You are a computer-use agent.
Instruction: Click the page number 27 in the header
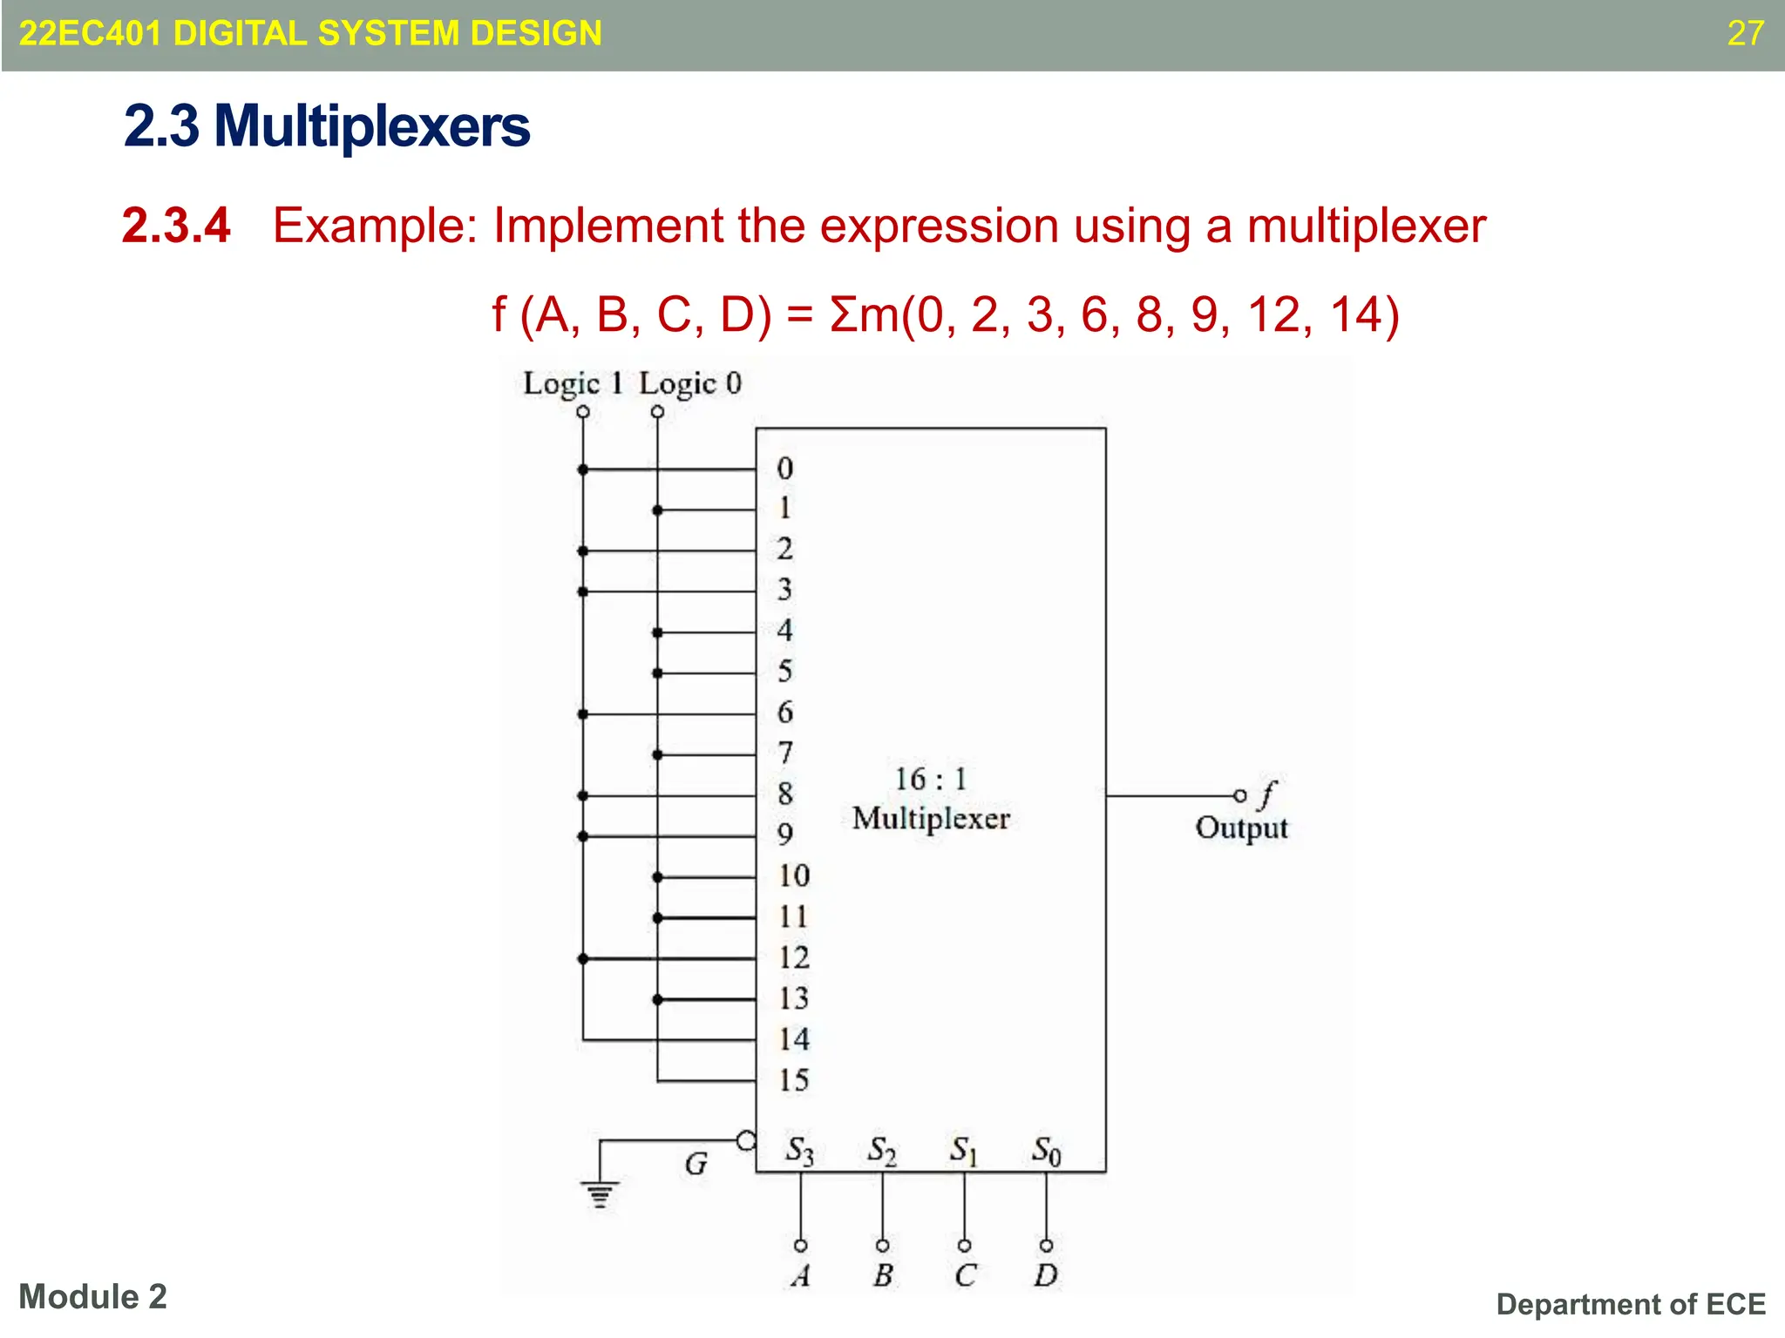click(1745, 34)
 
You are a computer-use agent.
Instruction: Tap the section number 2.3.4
click(176, 226)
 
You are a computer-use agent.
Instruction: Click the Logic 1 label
click(573, 383)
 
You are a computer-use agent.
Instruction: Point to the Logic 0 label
click(689, 383)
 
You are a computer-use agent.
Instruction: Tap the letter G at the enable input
click(696, 1164)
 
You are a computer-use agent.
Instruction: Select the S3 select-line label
click(799, 1151)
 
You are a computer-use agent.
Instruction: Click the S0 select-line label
click(1046, 1151)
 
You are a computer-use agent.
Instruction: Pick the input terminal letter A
click(801, 1275)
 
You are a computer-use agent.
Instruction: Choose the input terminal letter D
click(1046, 1275)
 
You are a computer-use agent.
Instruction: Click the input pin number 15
click(794, 1080)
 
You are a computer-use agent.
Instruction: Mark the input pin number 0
click(785, 469)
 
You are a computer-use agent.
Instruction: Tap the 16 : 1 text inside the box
click(931, 779)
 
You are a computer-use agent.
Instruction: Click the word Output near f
click(1241, 828)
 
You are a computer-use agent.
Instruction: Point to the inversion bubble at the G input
click(746, 1140)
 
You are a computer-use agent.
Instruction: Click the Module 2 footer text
click(92, 1297)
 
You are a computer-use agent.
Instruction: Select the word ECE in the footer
click(1735, 1304)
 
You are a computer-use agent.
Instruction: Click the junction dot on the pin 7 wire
click(657, 754)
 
